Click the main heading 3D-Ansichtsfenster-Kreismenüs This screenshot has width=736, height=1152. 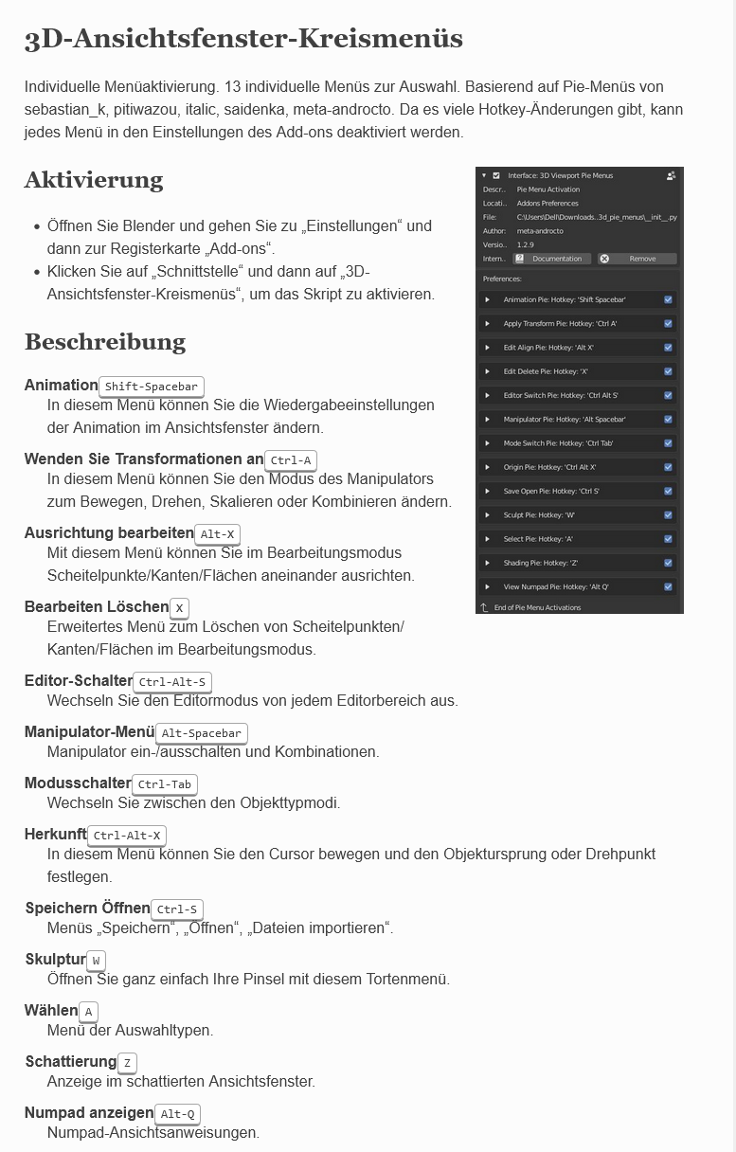coord(243,39)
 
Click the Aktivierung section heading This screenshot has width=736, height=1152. coord(94,180)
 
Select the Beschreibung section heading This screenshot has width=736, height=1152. coord(105,341)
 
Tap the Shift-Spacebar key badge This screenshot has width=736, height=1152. coord(152,387)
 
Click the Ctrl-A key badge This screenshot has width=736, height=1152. coord(291,460)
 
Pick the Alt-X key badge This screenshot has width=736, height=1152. coord(218,534)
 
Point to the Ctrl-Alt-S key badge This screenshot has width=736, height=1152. coord(171,682)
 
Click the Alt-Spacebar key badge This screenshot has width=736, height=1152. coord(202,733)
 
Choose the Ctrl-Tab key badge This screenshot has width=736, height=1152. coord(165,784)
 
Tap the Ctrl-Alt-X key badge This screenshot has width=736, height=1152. coord(127,836)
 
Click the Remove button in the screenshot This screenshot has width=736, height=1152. coord(637,259)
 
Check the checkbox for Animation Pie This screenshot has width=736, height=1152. coord(669,299)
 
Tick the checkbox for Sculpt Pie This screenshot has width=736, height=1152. coord(669,515)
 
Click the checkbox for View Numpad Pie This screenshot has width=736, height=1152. coord(669,587)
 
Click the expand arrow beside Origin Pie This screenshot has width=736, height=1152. coord(487,467)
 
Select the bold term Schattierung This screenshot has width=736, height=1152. coord(71,1061)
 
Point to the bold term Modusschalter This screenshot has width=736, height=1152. coord(78,783)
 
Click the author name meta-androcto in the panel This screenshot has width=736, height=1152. coord(540,230)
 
